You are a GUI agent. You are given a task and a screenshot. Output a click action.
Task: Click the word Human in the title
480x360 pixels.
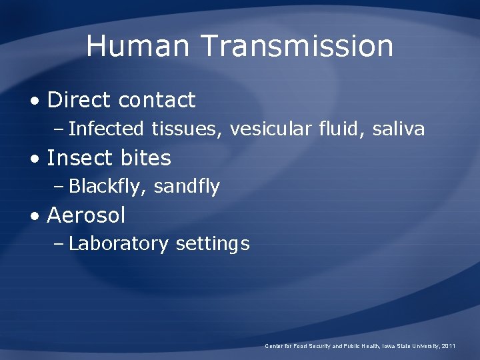click(137, 46)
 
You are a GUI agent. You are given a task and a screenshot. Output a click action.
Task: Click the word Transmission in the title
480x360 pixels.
click(297, 46)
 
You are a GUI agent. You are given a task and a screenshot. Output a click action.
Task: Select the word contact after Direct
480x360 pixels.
click(157, 100)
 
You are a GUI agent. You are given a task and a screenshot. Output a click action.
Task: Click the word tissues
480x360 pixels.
click(187, 129)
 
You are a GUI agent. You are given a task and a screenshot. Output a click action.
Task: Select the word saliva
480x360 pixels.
click(397, 129)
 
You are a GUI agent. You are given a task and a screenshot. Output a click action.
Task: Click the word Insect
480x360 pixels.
click(79, 158)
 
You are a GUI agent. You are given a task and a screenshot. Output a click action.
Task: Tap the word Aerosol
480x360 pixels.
click(86, 215)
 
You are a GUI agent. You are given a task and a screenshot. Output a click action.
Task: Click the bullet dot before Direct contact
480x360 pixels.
click(34, 101)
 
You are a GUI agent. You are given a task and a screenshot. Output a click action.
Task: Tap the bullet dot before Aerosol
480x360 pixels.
click(34, 217)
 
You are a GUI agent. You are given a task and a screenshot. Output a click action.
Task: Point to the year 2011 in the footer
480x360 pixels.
click(449, 346)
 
